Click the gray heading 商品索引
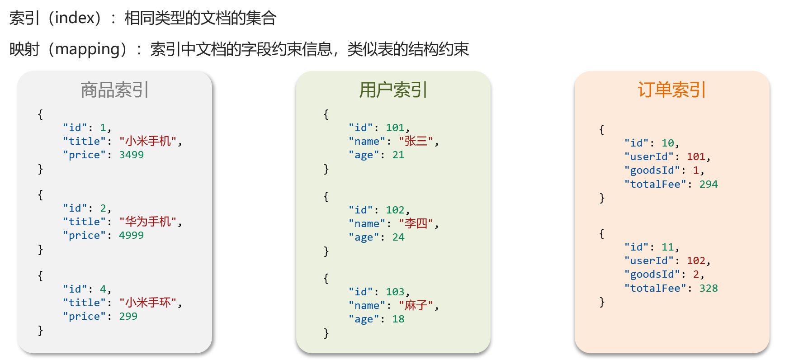pyautogui.click(x=114, y=90)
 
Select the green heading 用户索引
pyautogui.click(x=393, y=90)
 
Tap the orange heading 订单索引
pyautogui.click(x=671, y=90)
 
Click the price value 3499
pyautogui.click(x=131, y=155)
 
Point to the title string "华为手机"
pyautogui.click(x=148, y=222)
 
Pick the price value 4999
pyautogui.click(x=131, y=235)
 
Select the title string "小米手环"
pyautogui.click(x=148, y=303)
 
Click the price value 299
pyautogui.click(x=128, y=316)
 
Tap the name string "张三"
pyautogui.click(x=416, y=141)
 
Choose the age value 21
pyautogui.click(x=398, y=155)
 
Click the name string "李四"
pyautogui.click(x=416, y=223)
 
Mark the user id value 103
pyautogui.click(x=395, y=292)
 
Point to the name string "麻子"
pyautogui.click(x=416, y=305)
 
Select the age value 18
pyautogui.click(x=398, y=319)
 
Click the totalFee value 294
pyautogui.click(x=709, y=184)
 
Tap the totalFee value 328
pyautogui.click(x=709, y=288)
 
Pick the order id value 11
pyautogui.click(x=668, y=247)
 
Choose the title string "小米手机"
pyautogui.click(x=148, y=141)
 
